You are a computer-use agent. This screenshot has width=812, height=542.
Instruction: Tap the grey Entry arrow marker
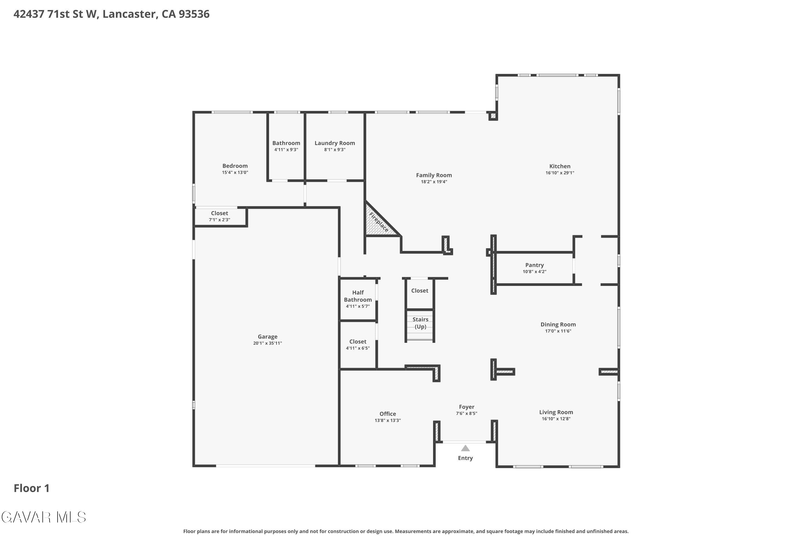pos(465,448)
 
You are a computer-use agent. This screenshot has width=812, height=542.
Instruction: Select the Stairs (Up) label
pos(420,323)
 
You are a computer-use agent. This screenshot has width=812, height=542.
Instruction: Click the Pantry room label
pos(534,265)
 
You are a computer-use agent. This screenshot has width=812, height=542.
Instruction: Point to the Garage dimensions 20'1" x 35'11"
pos(268,343)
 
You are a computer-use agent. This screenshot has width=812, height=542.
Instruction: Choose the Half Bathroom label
pos(358,296)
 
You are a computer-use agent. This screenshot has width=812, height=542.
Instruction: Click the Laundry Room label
pos(335,143)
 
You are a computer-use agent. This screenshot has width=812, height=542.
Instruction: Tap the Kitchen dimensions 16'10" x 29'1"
pos(560,173)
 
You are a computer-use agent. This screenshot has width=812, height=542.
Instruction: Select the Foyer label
pos(466,407)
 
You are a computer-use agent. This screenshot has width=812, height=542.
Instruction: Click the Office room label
pos(388,414)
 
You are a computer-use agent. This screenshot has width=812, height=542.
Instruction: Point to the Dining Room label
pos(558,325)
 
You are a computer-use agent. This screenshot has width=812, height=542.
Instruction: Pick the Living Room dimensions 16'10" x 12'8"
pos(556,419)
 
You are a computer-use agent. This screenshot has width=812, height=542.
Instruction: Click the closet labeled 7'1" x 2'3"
pos(219,216)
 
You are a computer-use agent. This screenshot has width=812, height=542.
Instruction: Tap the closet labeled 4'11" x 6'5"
pos(358,345)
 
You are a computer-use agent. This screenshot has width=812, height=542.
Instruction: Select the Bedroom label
pos(235,166)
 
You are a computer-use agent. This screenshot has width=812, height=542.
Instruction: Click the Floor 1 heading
pos(31,488)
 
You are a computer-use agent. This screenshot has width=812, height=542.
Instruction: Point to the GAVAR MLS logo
pos(44,517)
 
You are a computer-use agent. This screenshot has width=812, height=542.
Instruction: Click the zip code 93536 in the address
pos(194,14)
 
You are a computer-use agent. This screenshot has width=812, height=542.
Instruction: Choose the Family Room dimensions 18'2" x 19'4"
pos(434,182)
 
